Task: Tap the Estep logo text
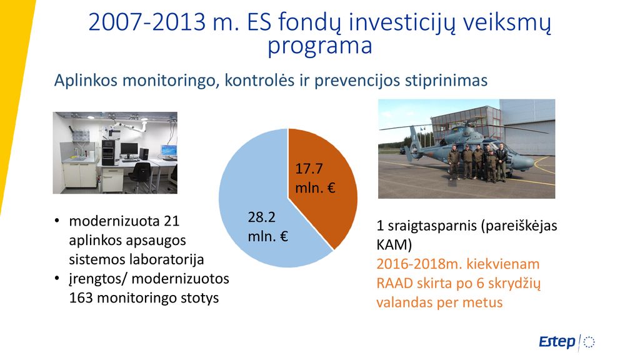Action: (x=557, y=342)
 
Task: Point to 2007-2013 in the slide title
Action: (x=147, y=22)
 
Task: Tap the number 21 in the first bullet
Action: (x=171, y=221)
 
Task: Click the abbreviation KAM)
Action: (x=394, y=245)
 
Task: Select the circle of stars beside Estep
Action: (x=589, y=342)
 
